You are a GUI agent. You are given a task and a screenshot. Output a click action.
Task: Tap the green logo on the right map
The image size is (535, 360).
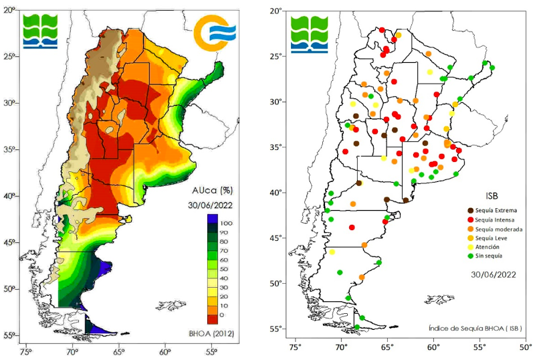(310, 32)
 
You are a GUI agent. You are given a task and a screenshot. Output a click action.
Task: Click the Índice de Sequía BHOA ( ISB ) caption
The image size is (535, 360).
(475, 328)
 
